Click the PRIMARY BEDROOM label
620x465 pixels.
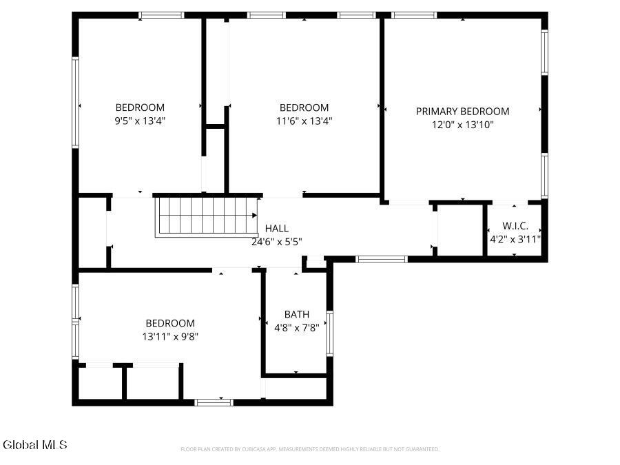(x=462, y=112)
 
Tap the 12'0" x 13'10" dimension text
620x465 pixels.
(x=463, y=125)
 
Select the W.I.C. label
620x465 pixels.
(x=515, y=226)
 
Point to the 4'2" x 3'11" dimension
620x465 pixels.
(x=515, y=239)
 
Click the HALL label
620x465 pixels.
(x=277, y=228)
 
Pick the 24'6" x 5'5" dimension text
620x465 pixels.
(x=277, y=242)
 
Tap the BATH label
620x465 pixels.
(x=296, y=314)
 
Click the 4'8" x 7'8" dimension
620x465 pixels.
(x=296, y=328)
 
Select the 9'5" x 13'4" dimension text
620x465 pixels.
(x=140, y=121)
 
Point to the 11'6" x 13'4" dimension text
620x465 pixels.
(x=304, y=121)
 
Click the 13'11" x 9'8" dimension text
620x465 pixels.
(x=170, y=336)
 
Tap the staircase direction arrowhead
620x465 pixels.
(x=254, y=216)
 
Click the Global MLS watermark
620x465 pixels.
(x=35, y=445)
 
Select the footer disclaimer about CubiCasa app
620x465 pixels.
(x=309, y=449)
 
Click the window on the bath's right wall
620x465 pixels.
(x=329, y=333)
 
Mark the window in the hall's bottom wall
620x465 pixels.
(x=381, y=260)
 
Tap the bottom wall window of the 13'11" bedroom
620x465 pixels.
(x=214, y=402)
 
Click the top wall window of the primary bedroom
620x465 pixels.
(x=414, y=15)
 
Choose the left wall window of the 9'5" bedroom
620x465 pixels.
(x=75, y=103)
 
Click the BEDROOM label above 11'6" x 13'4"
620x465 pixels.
(x=304, y=107)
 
